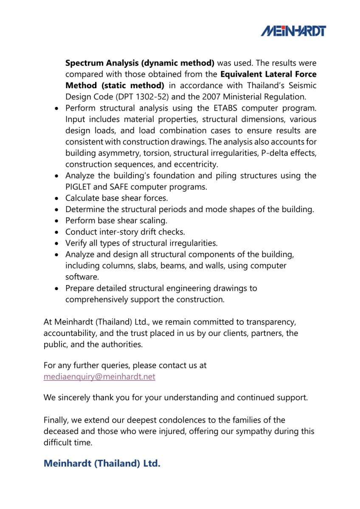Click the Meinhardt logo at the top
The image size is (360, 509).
point(293,31)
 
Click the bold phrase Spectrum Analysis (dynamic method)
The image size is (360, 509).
point(140,63)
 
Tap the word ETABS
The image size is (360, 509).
point(220,108)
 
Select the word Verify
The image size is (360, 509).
point(76,243)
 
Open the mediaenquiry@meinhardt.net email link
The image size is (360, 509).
point(99,377)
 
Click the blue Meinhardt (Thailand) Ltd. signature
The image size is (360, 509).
point(102,463)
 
